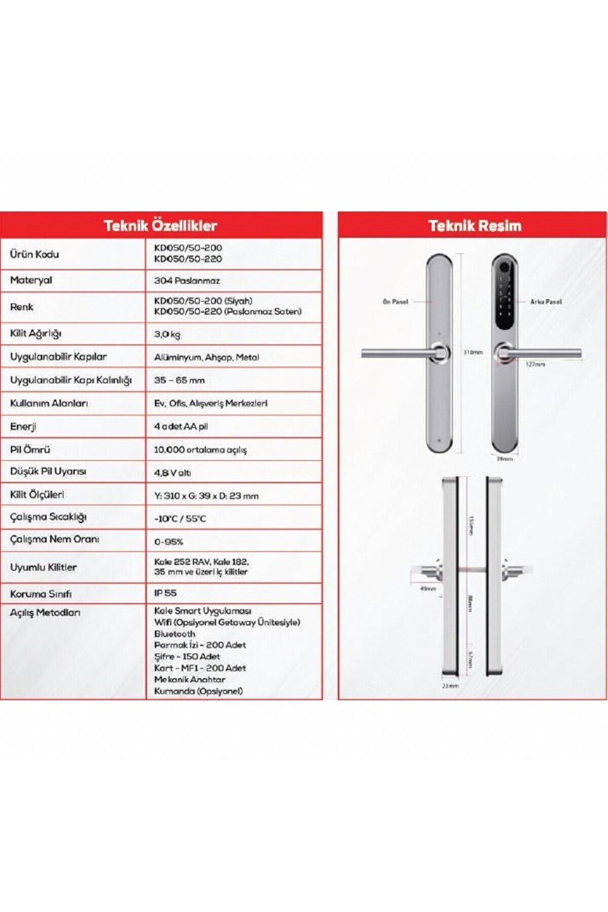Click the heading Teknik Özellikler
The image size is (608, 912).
(x=160, y=225)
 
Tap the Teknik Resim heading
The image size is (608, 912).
(x=475, y=225)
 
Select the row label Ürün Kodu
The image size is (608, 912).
(x=35, y=254)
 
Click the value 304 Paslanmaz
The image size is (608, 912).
(x=187, y=280)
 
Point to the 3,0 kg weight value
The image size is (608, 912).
(x=167, y=334)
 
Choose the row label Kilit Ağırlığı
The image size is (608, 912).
(x=36, y=334)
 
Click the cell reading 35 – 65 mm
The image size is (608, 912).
(x=179, y=380)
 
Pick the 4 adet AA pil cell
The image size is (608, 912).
(x=181, y=426)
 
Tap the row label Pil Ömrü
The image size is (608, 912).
(x=30, y=450)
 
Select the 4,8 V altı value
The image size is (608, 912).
(x=172, y=473)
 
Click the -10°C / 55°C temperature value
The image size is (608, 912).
(x=180, y=518)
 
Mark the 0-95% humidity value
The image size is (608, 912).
(x=168, y=542)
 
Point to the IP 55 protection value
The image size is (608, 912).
(x=166, y=593)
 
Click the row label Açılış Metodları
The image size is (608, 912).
(x=45, y=613)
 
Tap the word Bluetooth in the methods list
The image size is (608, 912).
(x=175, y=634)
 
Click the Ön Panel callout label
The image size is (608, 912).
(x=395, y=302)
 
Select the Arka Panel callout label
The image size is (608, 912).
(x=546, y=302)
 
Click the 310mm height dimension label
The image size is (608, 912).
(x=473, y=352)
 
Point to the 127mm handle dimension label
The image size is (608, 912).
(x=535, y=364)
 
